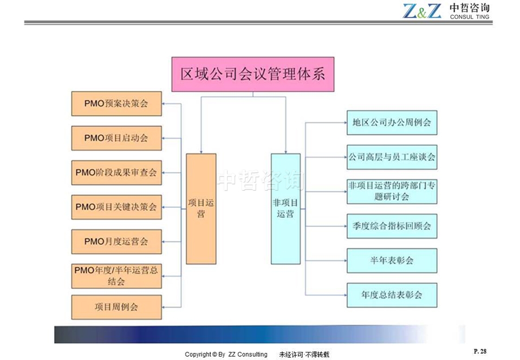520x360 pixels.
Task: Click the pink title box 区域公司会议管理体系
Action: (253, 74)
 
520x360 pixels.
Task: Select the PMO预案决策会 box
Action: (116, 104)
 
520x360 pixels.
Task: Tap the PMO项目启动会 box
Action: (116, 138)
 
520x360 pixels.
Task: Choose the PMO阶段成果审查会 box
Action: (116, 173)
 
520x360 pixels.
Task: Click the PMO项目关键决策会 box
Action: (116, 207)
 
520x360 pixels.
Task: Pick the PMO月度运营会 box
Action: (116, 241)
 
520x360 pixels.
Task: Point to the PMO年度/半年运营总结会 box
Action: (116, 276)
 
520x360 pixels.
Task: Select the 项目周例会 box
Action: (116, 307)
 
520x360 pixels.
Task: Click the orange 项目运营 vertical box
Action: (201, 209)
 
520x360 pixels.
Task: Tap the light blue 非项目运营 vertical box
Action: (285, 209)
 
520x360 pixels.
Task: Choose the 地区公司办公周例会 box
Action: (392, 123)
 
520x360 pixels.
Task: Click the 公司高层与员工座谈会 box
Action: (392, 157)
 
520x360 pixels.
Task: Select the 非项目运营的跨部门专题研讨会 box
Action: (392, 192)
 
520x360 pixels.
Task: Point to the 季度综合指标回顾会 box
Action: (392, 226)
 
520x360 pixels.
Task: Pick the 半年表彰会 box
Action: (392, 260)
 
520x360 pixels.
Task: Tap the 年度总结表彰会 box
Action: (392, 295)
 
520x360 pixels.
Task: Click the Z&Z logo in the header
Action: (422, 11)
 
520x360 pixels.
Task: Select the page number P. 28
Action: (480, 351)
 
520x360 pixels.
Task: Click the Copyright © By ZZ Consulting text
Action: (226, 355)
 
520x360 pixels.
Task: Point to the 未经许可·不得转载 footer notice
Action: (304, 355)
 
